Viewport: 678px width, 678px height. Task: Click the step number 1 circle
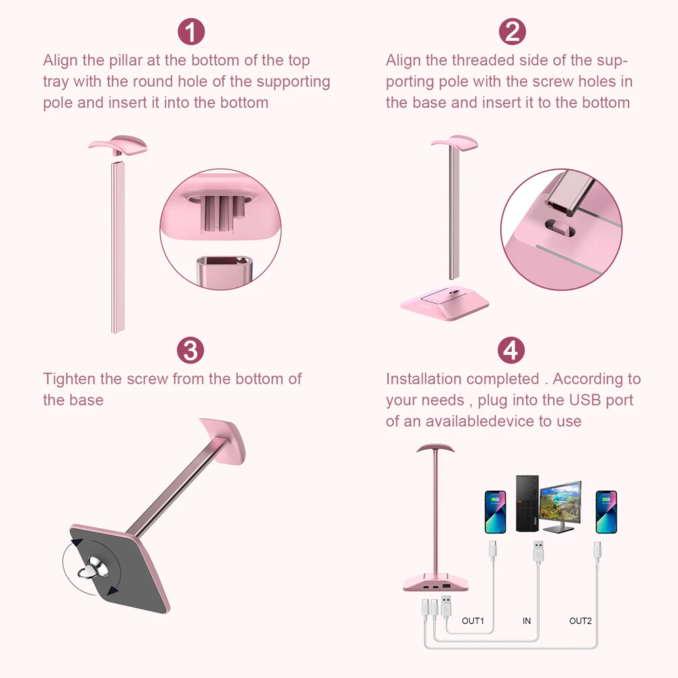tap(191, 32)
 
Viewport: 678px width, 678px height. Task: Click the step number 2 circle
tap(513, 32)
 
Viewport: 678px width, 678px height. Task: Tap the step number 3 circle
tap(191, 351)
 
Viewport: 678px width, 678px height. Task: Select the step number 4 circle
tap(511, 351)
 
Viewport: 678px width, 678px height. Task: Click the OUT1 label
tap(473, 621)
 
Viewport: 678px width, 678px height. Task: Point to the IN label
tap(526, 621)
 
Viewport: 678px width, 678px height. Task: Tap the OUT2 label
tap(580, 621)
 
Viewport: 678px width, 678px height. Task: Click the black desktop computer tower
tap(527, 503)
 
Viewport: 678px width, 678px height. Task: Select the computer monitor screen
tap(561, 503)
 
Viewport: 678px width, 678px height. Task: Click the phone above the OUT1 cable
tap(496, 512)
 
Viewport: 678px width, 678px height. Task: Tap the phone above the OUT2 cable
tap(606, 512)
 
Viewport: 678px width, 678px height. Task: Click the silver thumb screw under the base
tap(93, 567)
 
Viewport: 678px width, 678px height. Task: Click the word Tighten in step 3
tap(69, 379)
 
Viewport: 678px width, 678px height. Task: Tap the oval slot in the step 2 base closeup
tap(560, 228)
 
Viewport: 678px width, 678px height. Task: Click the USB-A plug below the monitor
tap(538, 551)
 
